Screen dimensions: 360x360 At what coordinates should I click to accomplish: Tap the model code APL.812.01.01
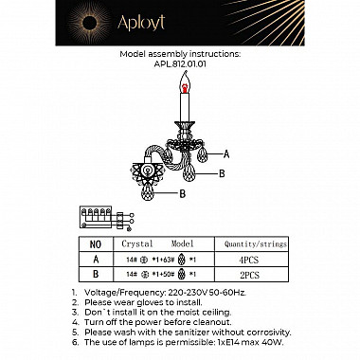coord(179,65)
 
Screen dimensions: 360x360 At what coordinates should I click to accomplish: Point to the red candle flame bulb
coord(178,87)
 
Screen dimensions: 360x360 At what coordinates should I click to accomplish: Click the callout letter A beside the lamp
coord(226,153)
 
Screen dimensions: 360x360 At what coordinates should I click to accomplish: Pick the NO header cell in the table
coord(94,243)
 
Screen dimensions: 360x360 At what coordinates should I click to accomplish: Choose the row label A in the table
coord(94,258)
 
